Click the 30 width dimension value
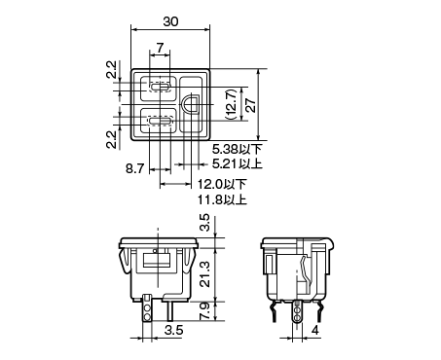(170, 21)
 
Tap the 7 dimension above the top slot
(160, 48)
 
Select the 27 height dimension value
(251, 104)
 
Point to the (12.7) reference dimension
(231, 104)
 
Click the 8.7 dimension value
(134, 168)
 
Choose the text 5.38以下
(238, 149)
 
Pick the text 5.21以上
(238, 163)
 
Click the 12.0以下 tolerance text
(223, 184)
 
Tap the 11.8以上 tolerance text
(223, 199)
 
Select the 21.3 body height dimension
(205, 274)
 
